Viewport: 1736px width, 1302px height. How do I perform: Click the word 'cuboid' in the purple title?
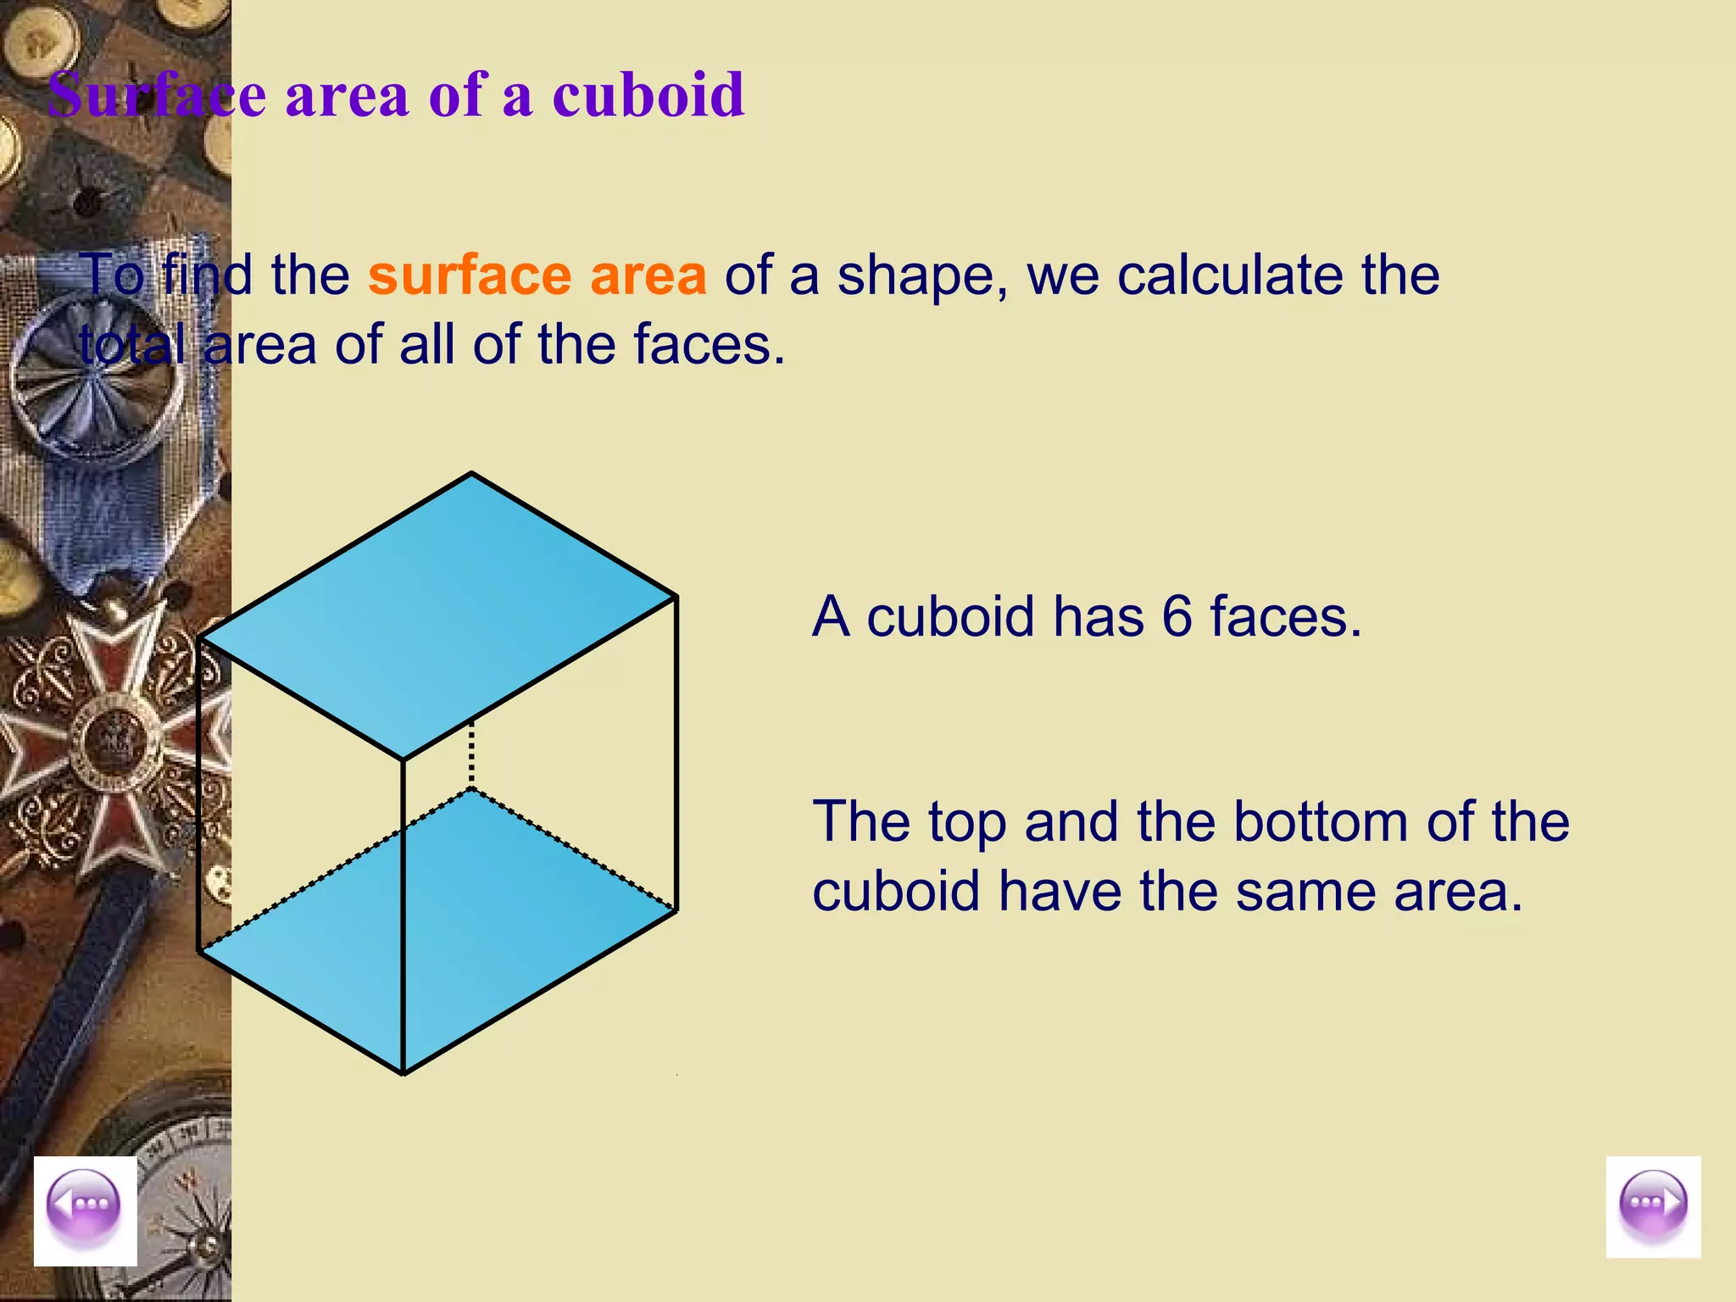pyautogui.click(x=648, y=95)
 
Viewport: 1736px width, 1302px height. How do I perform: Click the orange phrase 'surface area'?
pyautogui.click(x=537, y=275)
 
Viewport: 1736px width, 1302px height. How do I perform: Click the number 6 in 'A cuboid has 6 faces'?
pyautogui.click(x=1177, y=616)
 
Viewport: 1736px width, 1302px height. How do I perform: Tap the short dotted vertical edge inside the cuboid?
pyautogui.click(x=471, y=753)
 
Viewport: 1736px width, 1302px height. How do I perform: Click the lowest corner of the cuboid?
pyautogui.click(x=403, y=1074)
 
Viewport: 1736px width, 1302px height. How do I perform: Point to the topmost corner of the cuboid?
pyautogui.click(x=471, y=473)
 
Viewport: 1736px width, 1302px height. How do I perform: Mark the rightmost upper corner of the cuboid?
pyautogui.click(x=676, y=597)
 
